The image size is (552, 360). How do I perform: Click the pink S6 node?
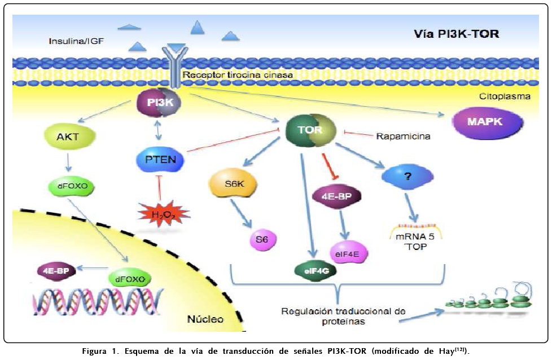coord(262,240)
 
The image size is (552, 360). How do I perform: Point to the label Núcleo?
coord(205,319)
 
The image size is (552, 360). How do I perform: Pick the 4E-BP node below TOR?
coord(336,197)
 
